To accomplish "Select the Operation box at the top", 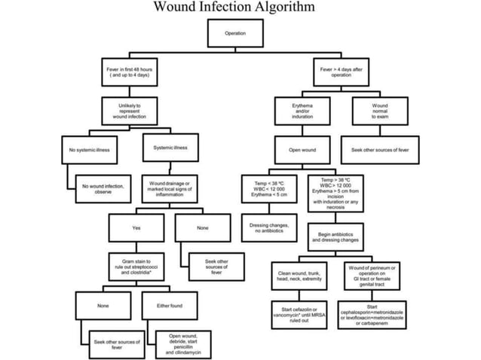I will (x=234, y=33).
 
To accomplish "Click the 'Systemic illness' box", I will (x=170, y=148).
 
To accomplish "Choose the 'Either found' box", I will (x=170, y=306).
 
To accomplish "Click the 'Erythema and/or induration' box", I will (x=302, y=111).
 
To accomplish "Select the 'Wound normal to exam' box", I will (x=380, y=111).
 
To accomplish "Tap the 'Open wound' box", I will (x=302, y=150).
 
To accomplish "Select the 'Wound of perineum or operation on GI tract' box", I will (x=379, y=273).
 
